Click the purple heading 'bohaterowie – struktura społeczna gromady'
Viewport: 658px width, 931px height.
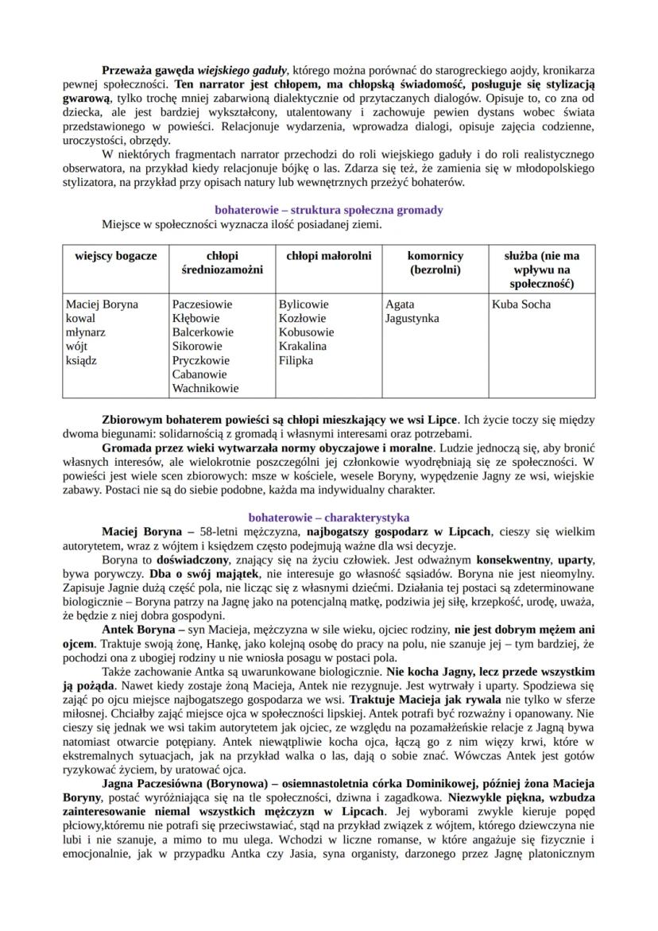pyautogui.click(x=329, y=210)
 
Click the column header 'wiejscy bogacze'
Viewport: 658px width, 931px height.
pyautogui.click(x=116, y=256)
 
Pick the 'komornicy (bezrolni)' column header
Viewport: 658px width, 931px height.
pyautogui.click(x=435, y=263)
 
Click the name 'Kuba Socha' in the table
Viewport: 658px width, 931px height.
pyautogui.click(x=521, y=305)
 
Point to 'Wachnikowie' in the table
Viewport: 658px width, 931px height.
pyautogui.click(x=205, y=389)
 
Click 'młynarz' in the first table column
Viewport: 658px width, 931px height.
pyautogui.click(x=87, y=332)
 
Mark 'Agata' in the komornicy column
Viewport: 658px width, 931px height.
pyautogui.click(x=400, y=305)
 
